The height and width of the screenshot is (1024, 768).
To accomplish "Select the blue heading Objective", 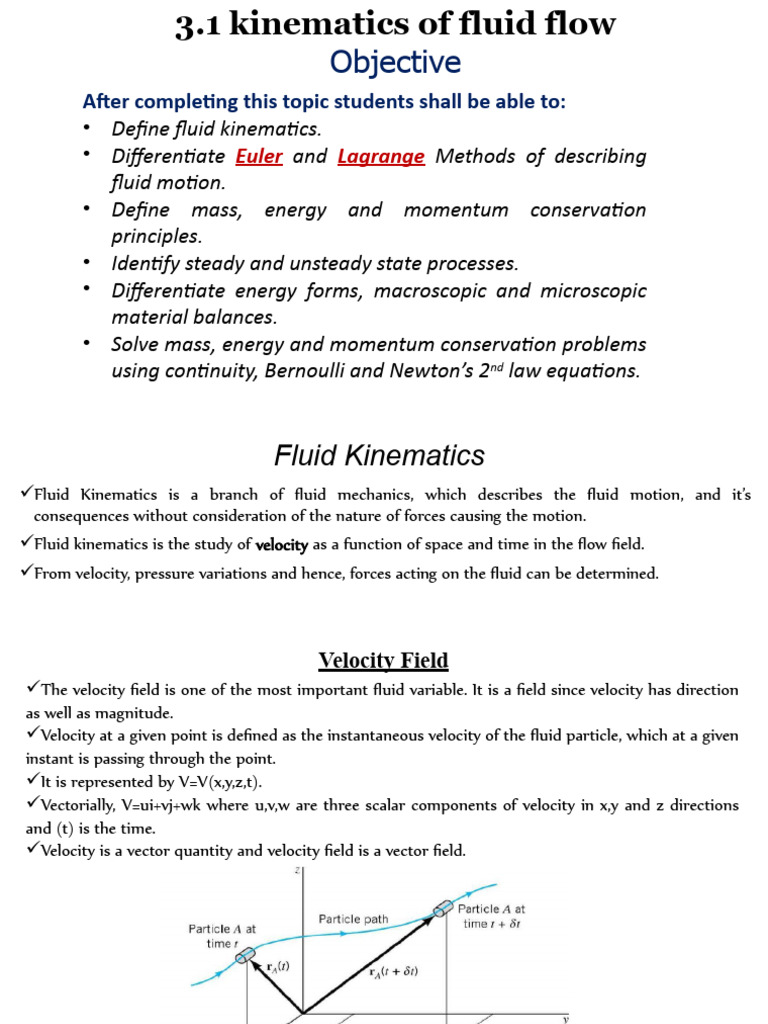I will [x=395, y=63].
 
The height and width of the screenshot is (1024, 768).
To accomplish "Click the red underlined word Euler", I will [x=259, y=157].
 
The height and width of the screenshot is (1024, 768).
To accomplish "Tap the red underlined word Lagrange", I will [x=381, y=157].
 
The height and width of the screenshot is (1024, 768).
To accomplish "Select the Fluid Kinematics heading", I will [x=379, y=456].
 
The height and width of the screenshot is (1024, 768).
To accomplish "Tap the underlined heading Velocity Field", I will [x=383, y=661].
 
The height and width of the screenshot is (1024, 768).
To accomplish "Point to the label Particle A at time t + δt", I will [x=491, y=916].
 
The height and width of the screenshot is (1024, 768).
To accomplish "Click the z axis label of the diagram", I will [x=297, y=871].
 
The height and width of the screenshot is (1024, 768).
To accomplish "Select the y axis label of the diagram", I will [x=565, y=1018].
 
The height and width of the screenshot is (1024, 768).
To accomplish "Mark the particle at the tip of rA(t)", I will [x=245, y=957].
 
